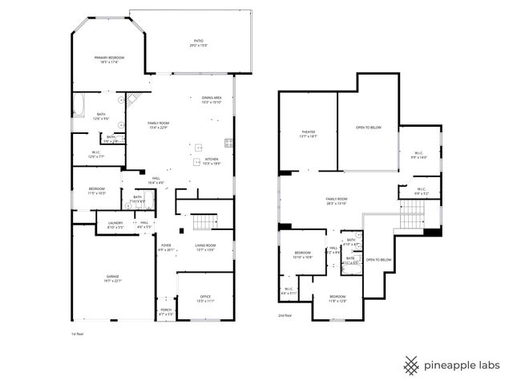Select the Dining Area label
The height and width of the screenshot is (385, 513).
(212, 98)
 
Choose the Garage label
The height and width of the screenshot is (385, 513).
(112, 276)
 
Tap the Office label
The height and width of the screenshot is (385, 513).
(205, 297)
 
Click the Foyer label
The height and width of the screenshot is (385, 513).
(166, 245)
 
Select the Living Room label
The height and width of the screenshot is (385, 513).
(205, 245)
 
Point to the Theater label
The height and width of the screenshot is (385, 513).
(308, 132)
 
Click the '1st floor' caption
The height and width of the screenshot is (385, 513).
(79, 333)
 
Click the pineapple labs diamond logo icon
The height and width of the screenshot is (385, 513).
(411, 364)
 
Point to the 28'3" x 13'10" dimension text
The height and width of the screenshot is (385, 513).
(337, 203)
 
